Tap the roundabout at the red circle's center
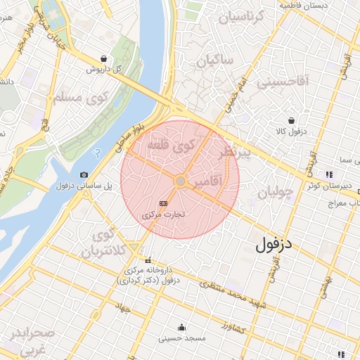[180, 181]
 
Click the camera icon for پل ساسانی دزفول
[84, 174]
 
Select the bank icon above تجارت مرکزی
[164, 203]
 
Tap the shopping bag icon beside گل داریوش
[104, 59]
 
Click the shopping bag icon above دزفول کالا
[291, 120]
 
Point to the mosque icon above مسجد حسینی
[181, 327]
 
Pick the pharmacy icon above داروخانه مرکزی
[148, 259]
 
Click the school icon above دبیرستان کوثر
[328, 174]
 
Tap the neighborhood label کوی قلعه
[171, 146]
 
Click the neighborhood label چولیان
[273, 192]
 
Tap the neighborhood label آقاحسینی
[281, 82]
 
